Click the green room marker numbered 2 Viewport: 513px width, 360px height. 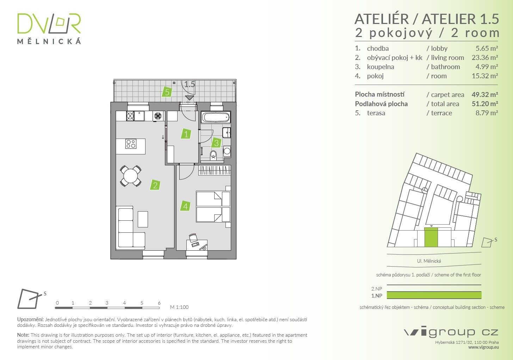coord(155,185)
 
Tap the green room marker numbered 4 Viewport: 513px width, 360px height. coord(185,206)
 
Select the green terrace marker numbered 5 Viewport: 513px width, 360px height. coord(167,92)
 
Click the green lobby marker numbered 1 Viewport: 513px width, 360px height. coord(186,134)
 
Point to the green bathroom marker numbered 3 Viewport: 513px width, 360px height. coord(216,143)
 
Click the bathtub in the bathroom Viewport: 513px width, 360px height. coord(216,117)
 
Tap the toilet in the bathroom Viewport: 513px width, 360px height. coord(213,155)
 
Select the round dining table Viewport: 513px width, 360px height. coord(131,176)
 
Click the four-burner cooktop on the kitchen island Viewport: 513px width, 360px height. coord(131,144)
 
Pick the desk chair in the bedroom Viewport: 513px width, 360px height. coord(193,238)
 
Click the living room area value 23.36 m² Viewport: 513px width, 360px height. coord(484,57)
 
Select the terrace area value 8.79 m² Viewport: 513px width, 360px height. coord(487,113)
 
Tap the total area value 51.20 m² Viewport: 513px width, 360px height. coord(484,104)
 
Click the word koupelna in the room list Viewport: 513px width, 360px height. coord(380,67)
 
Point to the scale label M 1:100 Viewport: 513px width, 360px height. coord(179,307)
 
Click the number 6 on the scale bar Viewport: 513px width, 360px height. coord(159,303)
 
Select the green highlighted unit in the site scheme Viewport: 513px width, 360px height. coord(431,237)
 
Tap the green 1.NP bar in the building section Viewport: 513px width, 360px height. coord(434,295)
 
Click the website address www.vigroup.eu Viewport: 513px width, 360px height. coord(483,347)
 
